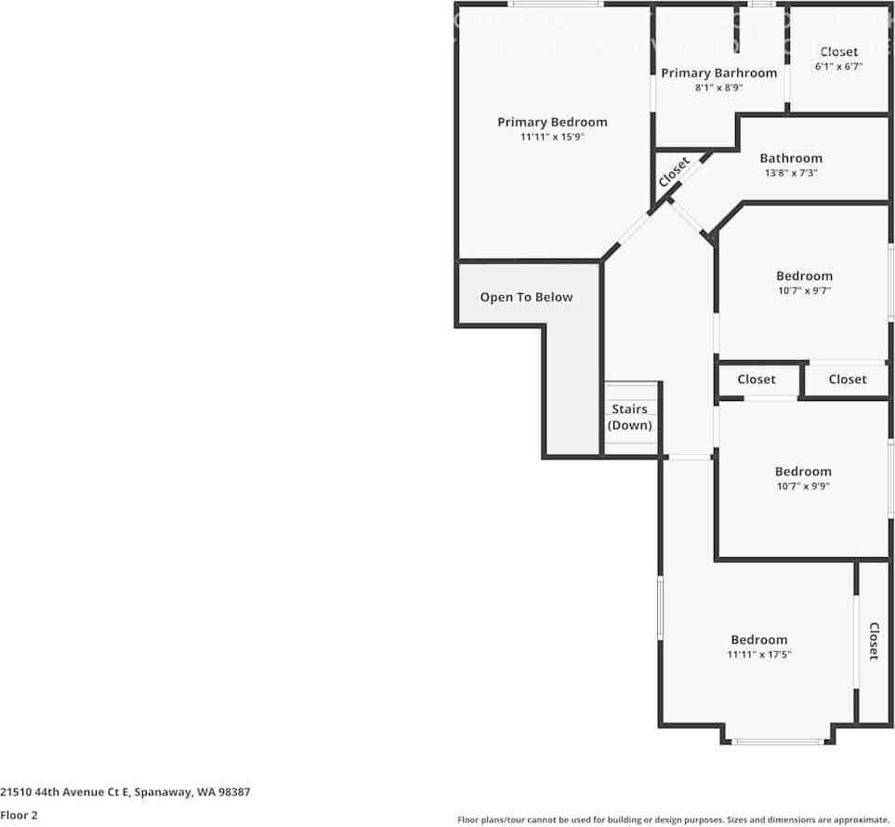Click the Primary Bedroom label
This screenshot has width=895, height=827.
pos(552,122)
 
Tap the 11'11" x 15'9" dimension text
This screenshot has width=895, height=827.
pos(552,137)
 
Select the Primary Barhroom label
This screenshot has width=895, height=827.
pos(718,73)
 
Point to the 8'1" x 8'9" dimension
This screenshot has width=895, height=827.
pos(718,88)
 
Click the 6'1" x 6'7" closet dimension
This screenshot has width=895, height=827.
pos(838,66)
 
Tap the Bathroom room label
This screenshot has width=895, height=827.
pos(791,158)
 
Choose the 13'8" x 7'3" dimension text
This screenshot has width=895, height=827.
pos(791,173)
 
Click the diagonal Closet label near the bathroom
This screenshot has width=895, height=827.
pos(674,172)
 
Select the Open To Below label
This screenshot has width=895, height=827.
pos(526,298)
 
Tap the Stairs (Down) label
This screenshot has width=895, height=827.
pos(629,417)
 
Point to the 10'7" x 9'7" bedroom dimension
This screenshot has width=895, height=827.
pos(804,291)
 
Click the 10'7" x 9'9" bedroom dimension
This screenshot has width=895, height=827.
pos(803,487)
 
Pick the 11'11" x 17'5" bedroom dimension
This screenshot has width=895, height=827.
pos(759,655)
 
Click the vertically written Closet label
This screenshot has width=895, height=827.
pos(874,641)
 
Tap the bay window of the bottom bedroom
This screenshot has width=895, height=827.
pos(778,741)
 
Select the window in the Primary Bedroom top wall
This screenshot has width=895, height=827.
pos(556,4)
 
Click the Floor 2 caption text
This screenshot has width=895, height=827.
pos(19,815)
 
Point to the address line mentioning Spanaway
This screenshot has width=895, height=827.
pos(125,793)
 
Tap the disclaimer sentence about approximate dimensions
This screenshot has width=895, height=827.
pos(674,820)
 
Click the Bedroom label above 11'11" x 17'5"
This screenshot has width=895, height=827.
pos(759,640)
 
